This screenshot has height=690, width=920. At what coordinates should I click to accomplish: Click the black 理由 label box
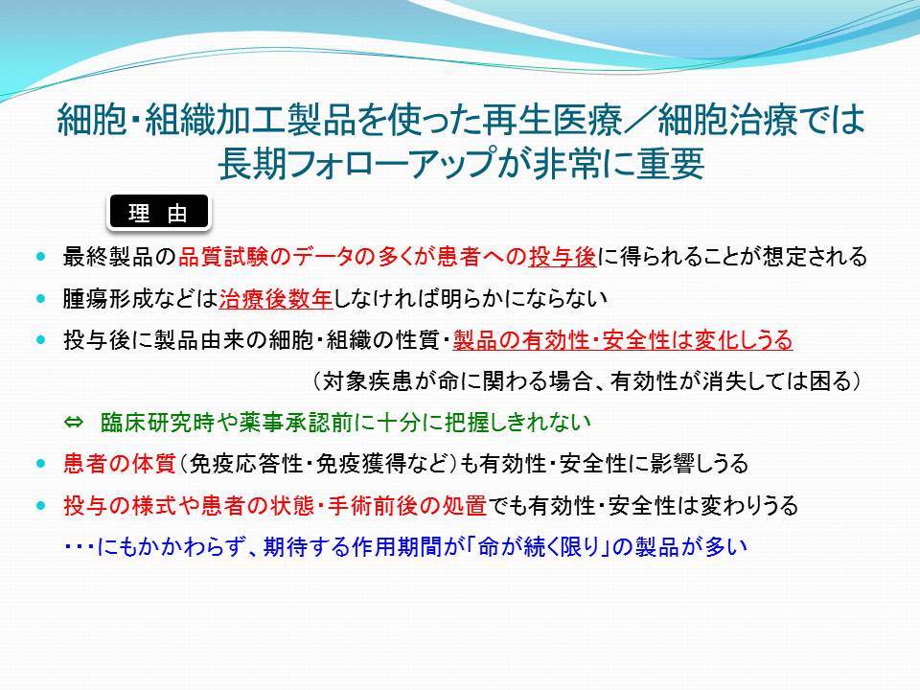pyautogui.click(x=159, y=212)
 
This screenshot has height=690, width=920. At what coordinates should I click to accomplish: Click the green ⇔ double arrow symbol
pyautogui.click(x=74, y=423)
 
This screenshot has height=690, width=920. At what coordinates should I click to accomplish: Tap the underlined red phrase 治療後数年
pyautogui.click(x=276, y=299)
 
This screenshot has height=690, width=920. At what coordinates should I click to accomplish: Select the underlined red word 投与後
pyautogui.click(x=563, y=257)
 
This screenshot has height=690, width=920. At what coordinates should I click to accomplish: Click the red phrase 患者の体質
pyautogui.click(x=120, y=464)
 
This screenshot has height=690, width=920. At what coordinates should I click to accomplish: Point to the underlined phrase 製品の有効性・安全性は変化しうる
pyautogui.click(x=623, y=340)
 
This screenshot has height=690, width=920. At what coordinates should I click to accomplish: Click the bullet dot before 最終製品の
pyautogui.click(x=40, y=257)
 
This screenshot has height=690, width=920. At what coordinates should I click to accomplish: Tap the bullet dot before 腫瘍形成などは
pyautogui.click(x=40, y=299)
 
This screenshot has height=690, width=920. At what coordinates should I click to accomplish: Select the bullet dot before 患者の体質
pyautogui.click(x=40, y=464)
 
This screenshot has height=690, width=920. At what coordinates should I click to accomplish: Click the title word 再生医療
pyautogui.click(x=553, y=121)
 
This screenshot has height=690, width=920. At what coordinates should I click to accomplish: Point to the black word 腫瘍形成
pyautogui.click(x=107, y=299)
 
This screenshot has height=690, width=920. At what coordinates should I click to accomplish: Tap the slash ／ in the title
pyautogui.click(x=639, y=121)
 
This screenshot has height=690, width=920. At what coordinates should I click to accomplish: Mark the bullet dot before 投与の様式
pyautogui.click(x=40, y=505)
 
